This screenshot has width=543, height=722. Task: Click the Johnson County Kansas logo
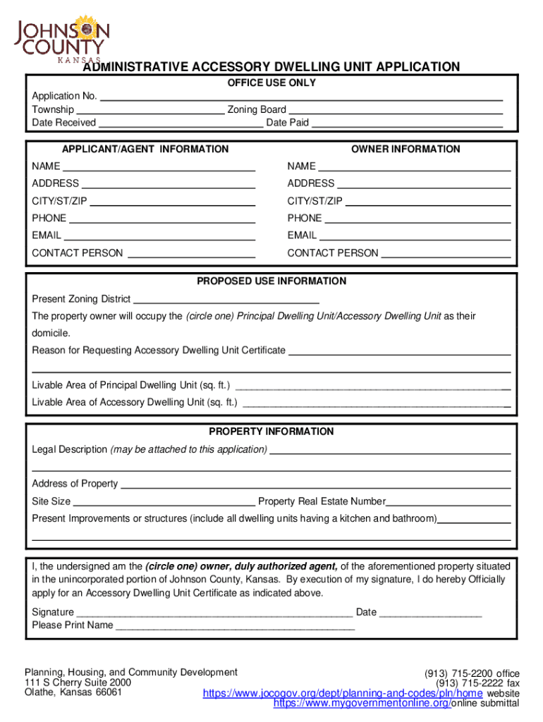click(x=63, y=36)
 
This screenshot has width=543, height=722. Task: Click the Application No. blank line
click(x=301, y=96)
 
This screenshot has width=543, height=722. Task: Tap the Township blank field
click(x=150, y=109)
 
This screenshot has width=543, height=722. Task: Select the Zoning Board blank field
click(x=396, y=109)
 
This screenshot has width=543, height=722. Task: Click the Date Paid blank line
click(x=407, y=123)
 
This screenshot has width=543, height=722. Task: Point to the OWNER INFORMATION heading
click(x=405, y=149)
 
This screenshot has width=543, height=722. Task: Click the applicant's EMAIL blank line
click(x=159, y=235)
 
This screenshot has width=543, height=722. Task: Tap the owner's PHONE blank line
click(x=417, y=219)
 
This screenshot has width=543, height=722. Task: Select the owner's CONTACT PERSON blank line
click(x=445, y=253)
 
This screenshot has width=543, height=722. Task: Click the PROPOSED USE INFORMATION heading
click(x=271, y=281)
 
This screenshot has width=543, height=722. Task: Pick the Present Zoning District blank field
click(x=226, y=299)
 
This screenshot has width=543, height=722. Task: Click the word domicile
click(x=51, y=333)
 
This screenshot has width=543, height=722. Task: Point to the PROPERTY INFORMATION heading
click(x=271, y=432)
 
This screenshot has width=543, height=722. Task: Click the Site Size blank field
click(x=164, y=502)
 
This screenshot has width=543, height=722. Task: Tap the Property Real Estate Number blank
click(x=449, y=502)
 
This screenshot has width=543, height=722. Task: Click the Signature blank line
click(x=214, y=613)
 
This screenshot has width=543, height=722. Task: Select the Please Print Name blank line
click(x=235, y=625)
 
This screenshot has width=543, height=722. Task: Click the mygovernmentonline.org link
click(x=362, y=704)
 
